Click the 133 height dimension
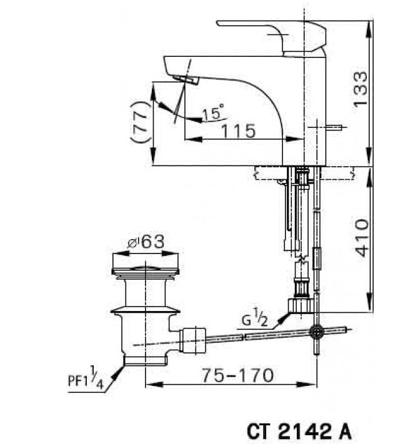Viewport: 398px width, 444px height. pyautogui.click(x=361, y=89)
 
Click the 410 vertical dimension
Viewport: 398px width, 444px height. pyautogui.click(x=361, y=239)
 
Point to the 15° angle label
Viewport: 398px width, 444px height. pyautogui.click(x=212, y=113)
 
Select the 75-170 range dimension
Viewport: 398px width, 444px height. pyautogui.click(x=237, y=375)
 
